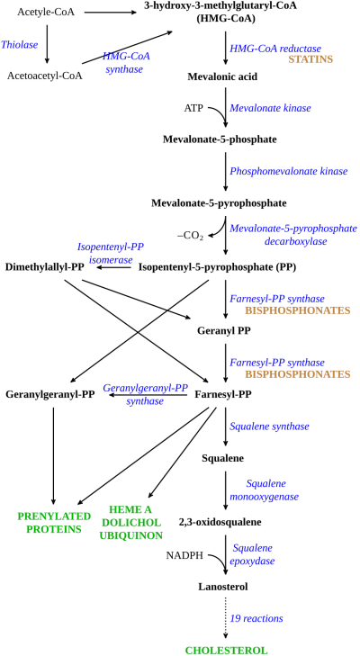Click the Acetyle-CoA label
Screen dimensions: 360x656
pyautogui.click(x=46, y=12)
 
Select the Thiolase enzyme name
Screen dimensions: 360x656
pyautogui.click(x=20, y=44)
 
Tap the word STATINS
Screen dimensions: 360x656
pyautogui.click(x=310, y=59)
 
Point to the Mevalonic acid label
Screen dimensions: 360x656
pyautogui.click(x=222, y=77)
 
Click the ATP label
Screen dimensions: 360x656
pyautogui.click(x=193, y=108)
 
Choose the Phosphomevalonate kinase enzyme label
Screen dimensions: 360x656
pyautogui.click(x=289, y=171)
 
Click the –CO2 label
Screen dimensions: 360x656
pyautogui.click(x=191, y=237)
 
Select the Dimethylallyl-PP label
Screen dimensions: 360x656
pyautogui.click(x=45, y=267)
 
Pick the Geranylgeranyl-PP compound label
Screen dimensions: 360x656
pyautogui.click(x=50, y=394)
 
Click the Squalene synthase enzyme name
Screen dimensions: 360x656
pyautogui.click(x=270, y=427)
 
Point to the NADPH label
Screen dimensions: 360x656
pyautogui.click(x=184, y=555)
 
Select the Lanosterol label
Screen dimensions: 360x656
pyautogui.click(x=223, y=587)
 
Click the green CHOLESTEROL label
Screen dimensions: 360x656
pyautogui.click(x=226, y=650)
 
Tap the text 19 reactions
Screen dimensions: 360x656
pyautogui.click(x=256, y=618)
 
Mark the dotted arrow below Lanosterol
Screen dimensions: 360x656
pyautogui.click(x=226, y=617)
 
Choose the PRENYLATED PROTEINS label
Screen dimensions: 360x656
pyautogui.click(x=54, y=522)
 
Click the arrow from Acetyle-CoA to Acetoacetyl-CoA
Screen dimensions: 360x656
pyautogui.click(x=47, y=42)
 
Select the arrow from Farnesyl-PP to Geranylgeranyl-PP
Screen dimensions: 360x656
pyautogui.click(x=148, y=394)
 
